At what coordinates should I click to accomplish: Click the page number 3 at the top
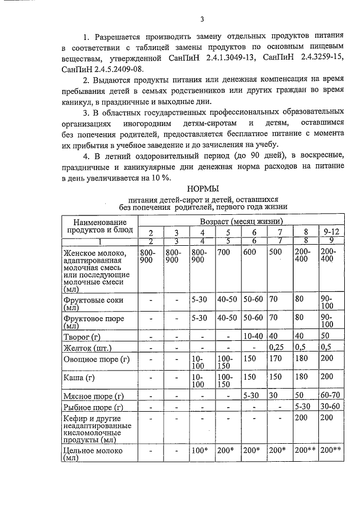pyautogui.click(x=201, y=20)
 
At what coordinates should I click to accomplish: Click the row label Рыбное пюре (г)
pyautogui.click(x=94, y=407)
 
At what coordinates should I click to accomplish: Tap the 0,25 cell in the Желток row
pyautogui.click(x=279, y=346)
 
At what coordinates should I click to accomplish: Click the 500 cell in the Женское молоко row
pyautogui.click(x=276, y=253)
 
